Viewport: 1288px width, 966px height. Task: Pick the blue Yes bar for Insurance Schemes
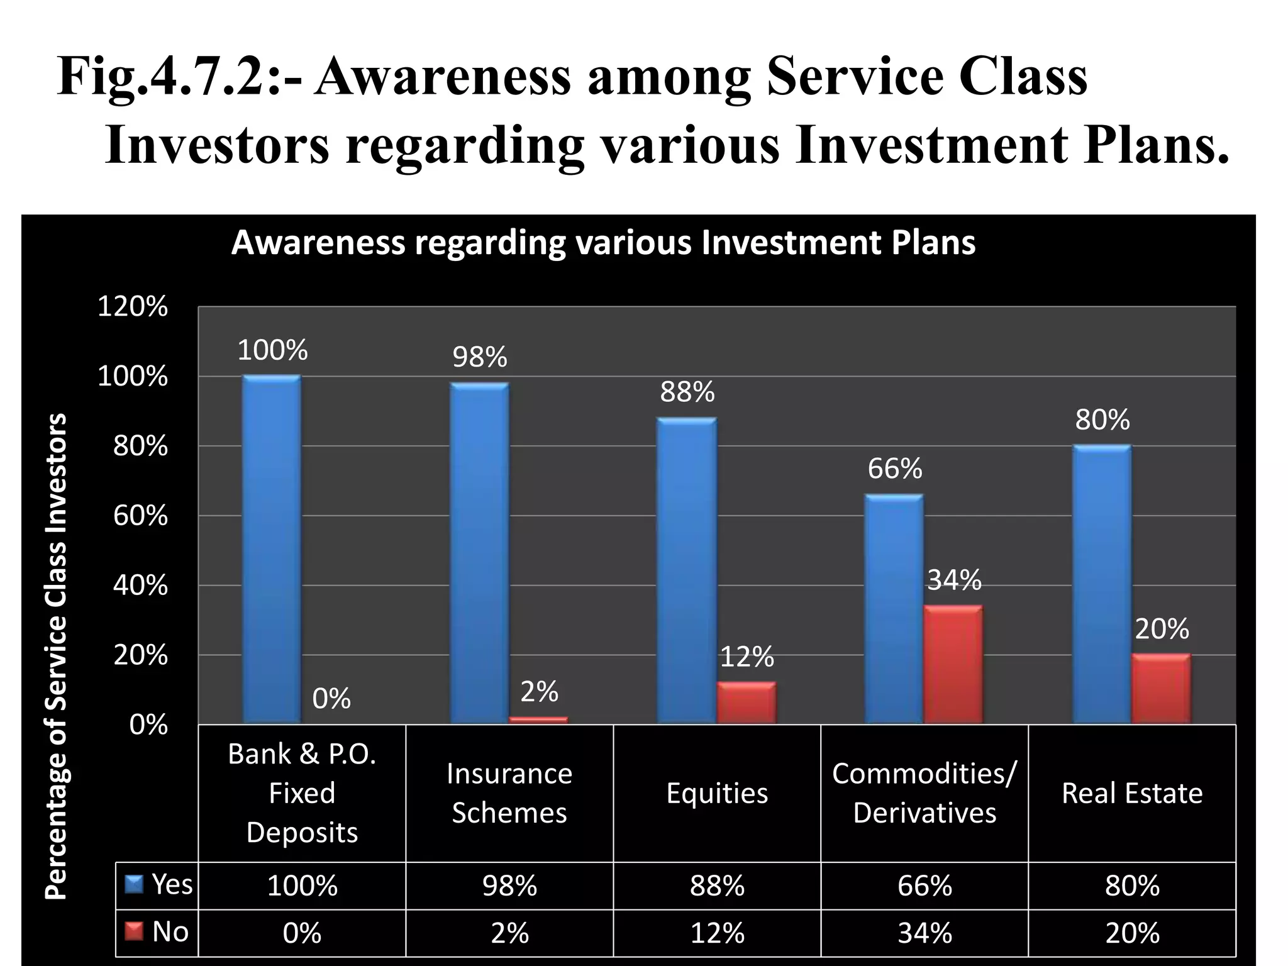(480, 553)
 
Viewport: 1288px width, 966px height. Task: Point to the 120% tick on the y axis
(133, 307)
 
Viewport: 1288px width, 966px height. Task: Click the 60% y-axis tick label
(140, 516)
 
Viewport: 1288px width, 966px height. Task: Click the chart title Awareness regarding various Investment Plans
(603, 243)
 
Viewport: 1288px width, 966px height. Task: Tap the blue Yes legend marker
(135, 885)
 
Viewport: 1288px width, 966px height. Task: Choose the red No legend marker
(135, 932)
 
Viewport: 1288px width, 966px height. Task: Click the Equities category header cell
(717, 793)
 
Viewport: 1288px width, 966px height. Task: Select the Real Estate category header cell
(1132, 793)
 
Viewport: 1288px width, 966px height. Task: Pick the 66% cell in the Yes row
(924, 885)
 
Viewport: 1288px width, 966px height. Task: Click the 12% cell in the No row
(717, 933)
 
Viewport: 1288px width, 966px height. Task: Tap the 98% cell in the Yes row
(509, 885)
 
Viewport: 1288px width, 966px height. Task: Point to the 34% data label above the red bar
(954, 580)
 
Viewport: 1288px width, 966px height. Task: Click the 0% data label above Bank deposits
(331, 699)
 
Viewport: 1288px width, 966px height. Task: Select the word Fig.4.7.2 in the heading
(160, 77)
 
